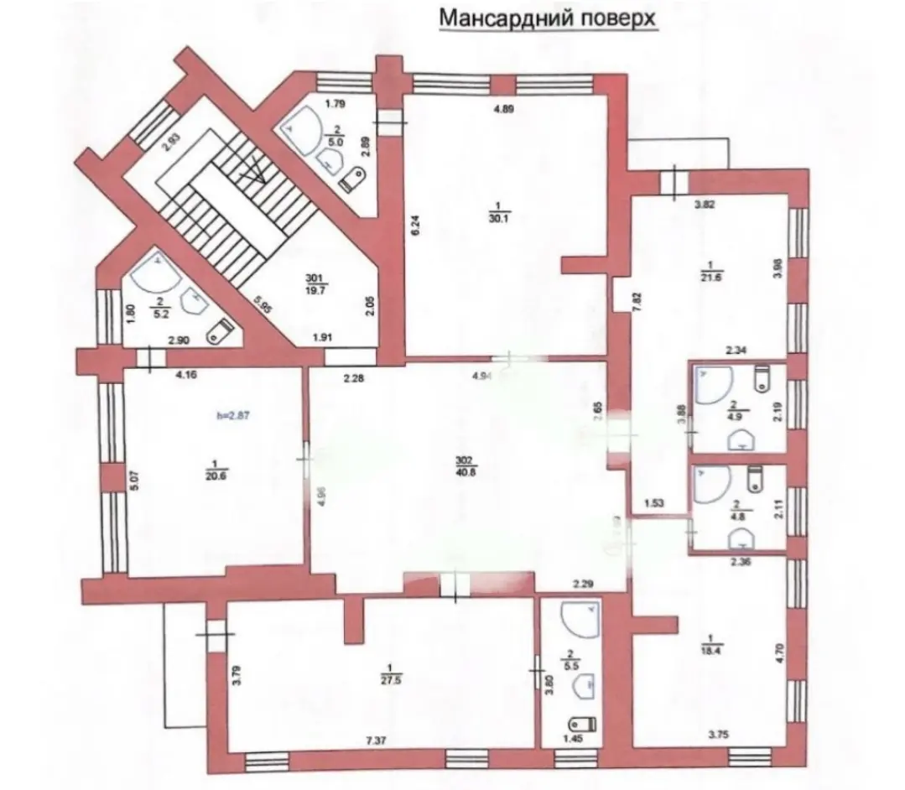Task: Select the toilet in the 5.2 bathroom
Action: pos(220,330)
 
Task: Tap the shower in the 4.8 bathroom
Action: pos(710,482)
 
